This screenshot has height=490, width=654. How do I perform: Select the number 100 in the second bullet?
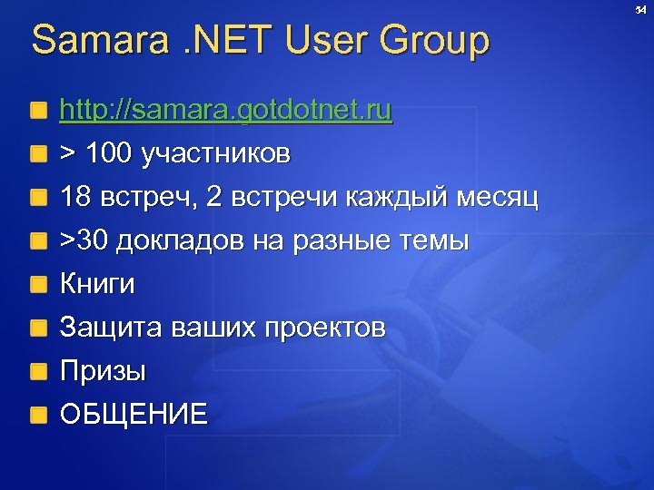[x=110, y=154]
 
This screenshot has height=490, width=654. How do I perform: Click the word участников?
[x=215, y=155]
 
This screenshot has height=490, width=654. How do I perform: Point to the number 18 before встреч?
[x=75, y=198]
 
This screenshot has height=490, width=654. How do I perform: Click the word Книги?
[x=97, y=285]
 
